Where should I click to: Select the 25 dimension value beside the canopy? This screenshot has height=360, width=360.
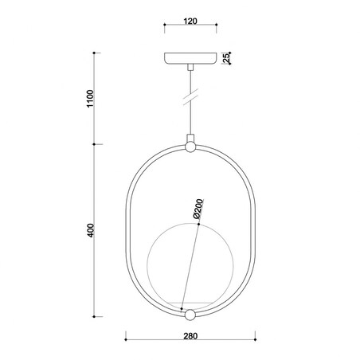[227, 57]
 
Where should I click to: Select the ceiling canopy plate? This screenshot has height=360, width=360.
[190, 59]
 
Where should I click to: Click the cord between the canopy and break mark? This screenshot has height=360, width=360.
[190, 80]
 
